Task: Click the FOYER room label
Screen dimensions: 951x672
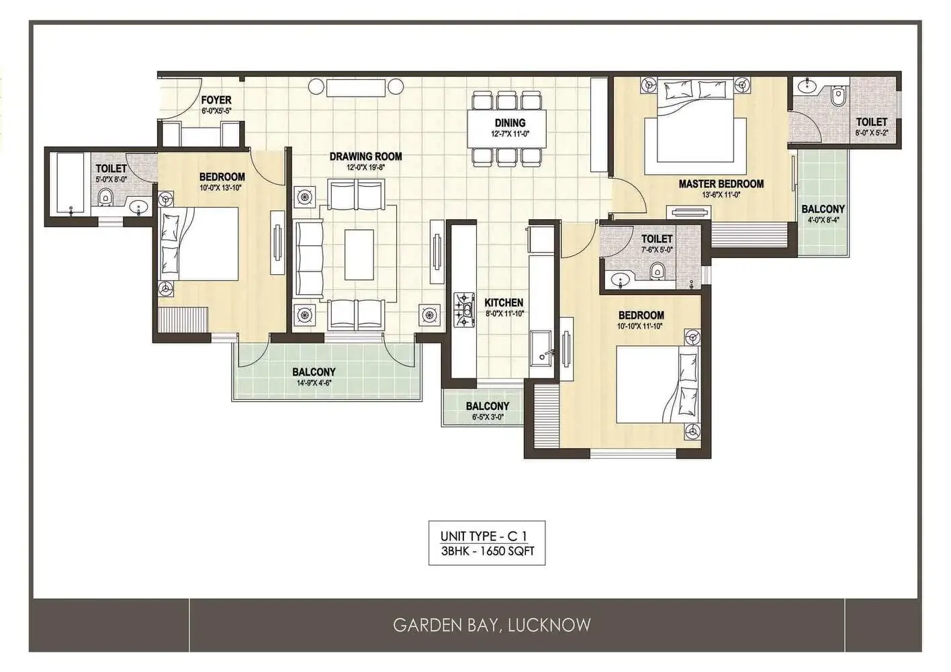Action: [x=216, y=100]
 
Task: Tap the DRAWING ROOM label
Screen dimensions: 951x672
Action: [x=365, y=157]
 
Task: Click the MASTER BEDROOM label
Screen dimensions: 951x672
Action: [x=721, y=184]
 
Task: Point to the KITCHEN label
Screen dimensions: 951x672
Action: [x=504, y=302]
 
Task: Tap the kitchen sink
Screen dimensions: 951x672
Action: [x=541, y=347]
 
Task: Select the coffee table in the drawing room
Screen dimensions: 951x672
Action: [x=359, y=255]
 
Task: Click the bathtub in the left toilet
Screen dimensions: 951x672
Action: [x=71, y=184]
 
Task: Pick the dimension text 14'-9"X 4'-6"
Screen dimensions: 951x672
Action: [x=314, y=383]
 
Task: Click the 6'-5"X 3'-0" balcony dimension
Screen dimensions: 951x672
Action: [x=488, y=417]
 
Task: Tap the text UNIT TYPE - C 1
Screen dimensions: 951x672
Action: [x=486, y=536]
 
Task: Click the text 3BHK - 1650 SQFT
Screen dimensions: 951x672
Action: [x=488, y=551]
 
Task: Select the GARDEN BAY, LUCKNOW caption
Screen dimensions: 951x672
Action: [x=492, y=625]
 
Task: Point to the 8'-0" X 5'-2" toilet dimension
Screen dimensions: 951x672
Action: [x=872, y=132]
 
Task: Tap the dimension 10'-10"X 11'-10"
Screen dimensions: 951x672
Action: [x=640, y=326]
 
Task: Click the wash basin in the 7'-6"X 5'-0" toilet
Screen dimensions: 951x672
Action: [x=621, y=280]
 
